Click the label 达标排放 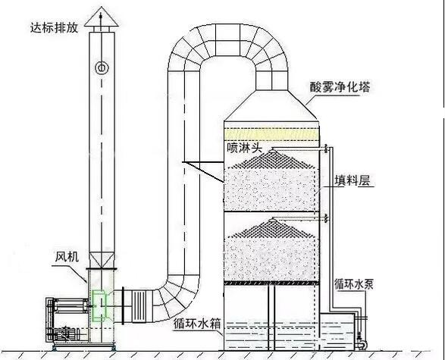(54, 28)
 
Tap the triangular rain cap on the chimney (102, 17)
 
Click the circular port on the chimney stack (102, 67)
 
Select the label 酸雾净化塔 (340, 87)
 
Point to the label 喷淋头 (244, 148)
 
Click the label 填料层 (353, 180)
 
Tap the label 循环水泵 (353, 284)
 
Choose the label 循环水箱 (197, 324)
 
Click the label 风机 (67, 257)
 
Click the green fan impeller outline (99, 305)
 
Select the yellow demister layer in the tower (271, 134)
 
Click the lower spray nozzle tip (273, 218)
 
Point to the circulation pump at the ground (362, 343)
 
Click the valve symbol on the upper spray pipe (327, 148)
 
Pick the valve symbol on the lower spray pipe (327, 218)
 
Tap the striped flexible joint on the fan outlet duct (139, 306)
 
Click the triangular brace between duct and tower (203, 171)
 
